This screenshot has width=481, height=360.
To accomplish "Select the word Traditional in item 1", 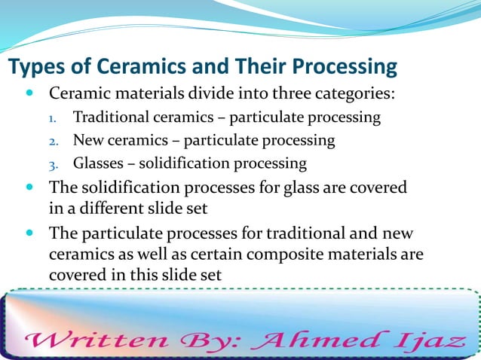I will click(110, 118).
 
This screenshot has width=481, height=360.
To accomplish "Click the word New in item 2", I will click(87, 140).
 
